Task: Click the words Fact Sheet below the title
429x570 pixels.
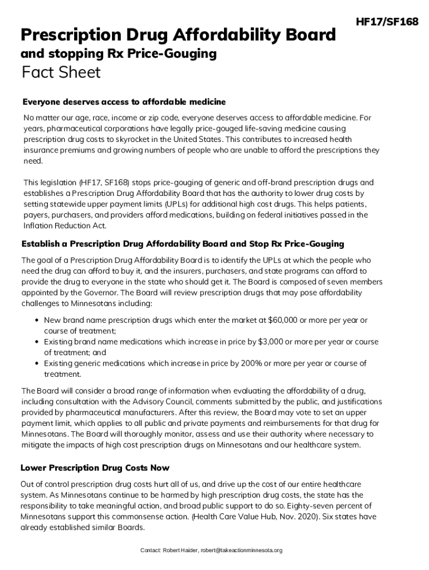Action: pos(61,72)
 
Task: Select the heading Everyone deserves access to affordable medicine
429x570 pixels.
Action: pos(124,102)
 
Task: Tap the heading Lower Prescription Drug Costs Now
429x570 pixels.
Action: pos(95,468)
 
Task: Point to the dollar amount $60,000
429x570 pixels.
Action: pos(284,321)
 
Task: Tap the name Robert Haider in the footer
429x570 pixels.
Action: pos(180,551)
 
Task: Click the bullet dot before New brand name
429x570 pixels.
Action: pos(36,321)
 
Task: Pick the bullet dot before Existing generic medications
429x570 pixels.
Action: pos(36,363)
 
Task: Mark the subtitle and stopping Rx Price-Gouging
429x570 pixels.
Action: pos(118,54)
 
